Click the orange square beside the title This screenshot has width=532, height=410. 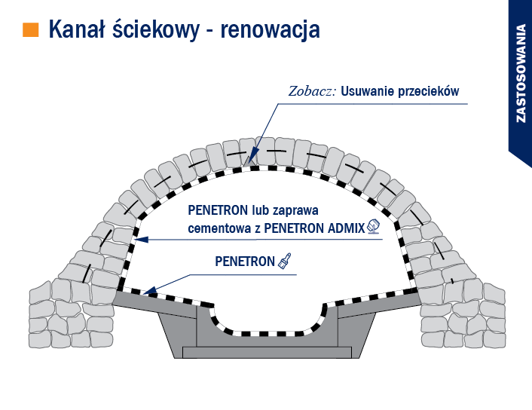click(31, 30)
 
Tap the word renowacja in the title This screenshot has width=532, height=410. click(270, 31)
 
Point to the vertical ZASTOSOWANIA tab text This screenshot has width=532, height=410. click(521, 73)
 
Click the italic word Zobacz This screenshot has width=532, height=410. click(312, 91)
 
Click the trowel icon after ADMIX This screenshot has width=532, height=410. click(374, 227)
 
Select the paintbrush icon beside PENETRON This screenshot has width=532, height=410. click(285, 261)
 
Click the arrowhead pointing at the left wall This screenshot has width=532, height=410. click(142, 240)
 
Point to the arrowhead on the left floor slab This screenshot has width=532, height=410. click(149, 290)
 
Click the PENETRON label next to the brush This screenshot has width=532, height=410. click(245, 262)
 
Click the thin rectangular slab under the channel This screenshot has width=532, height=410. click(267, 353)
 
